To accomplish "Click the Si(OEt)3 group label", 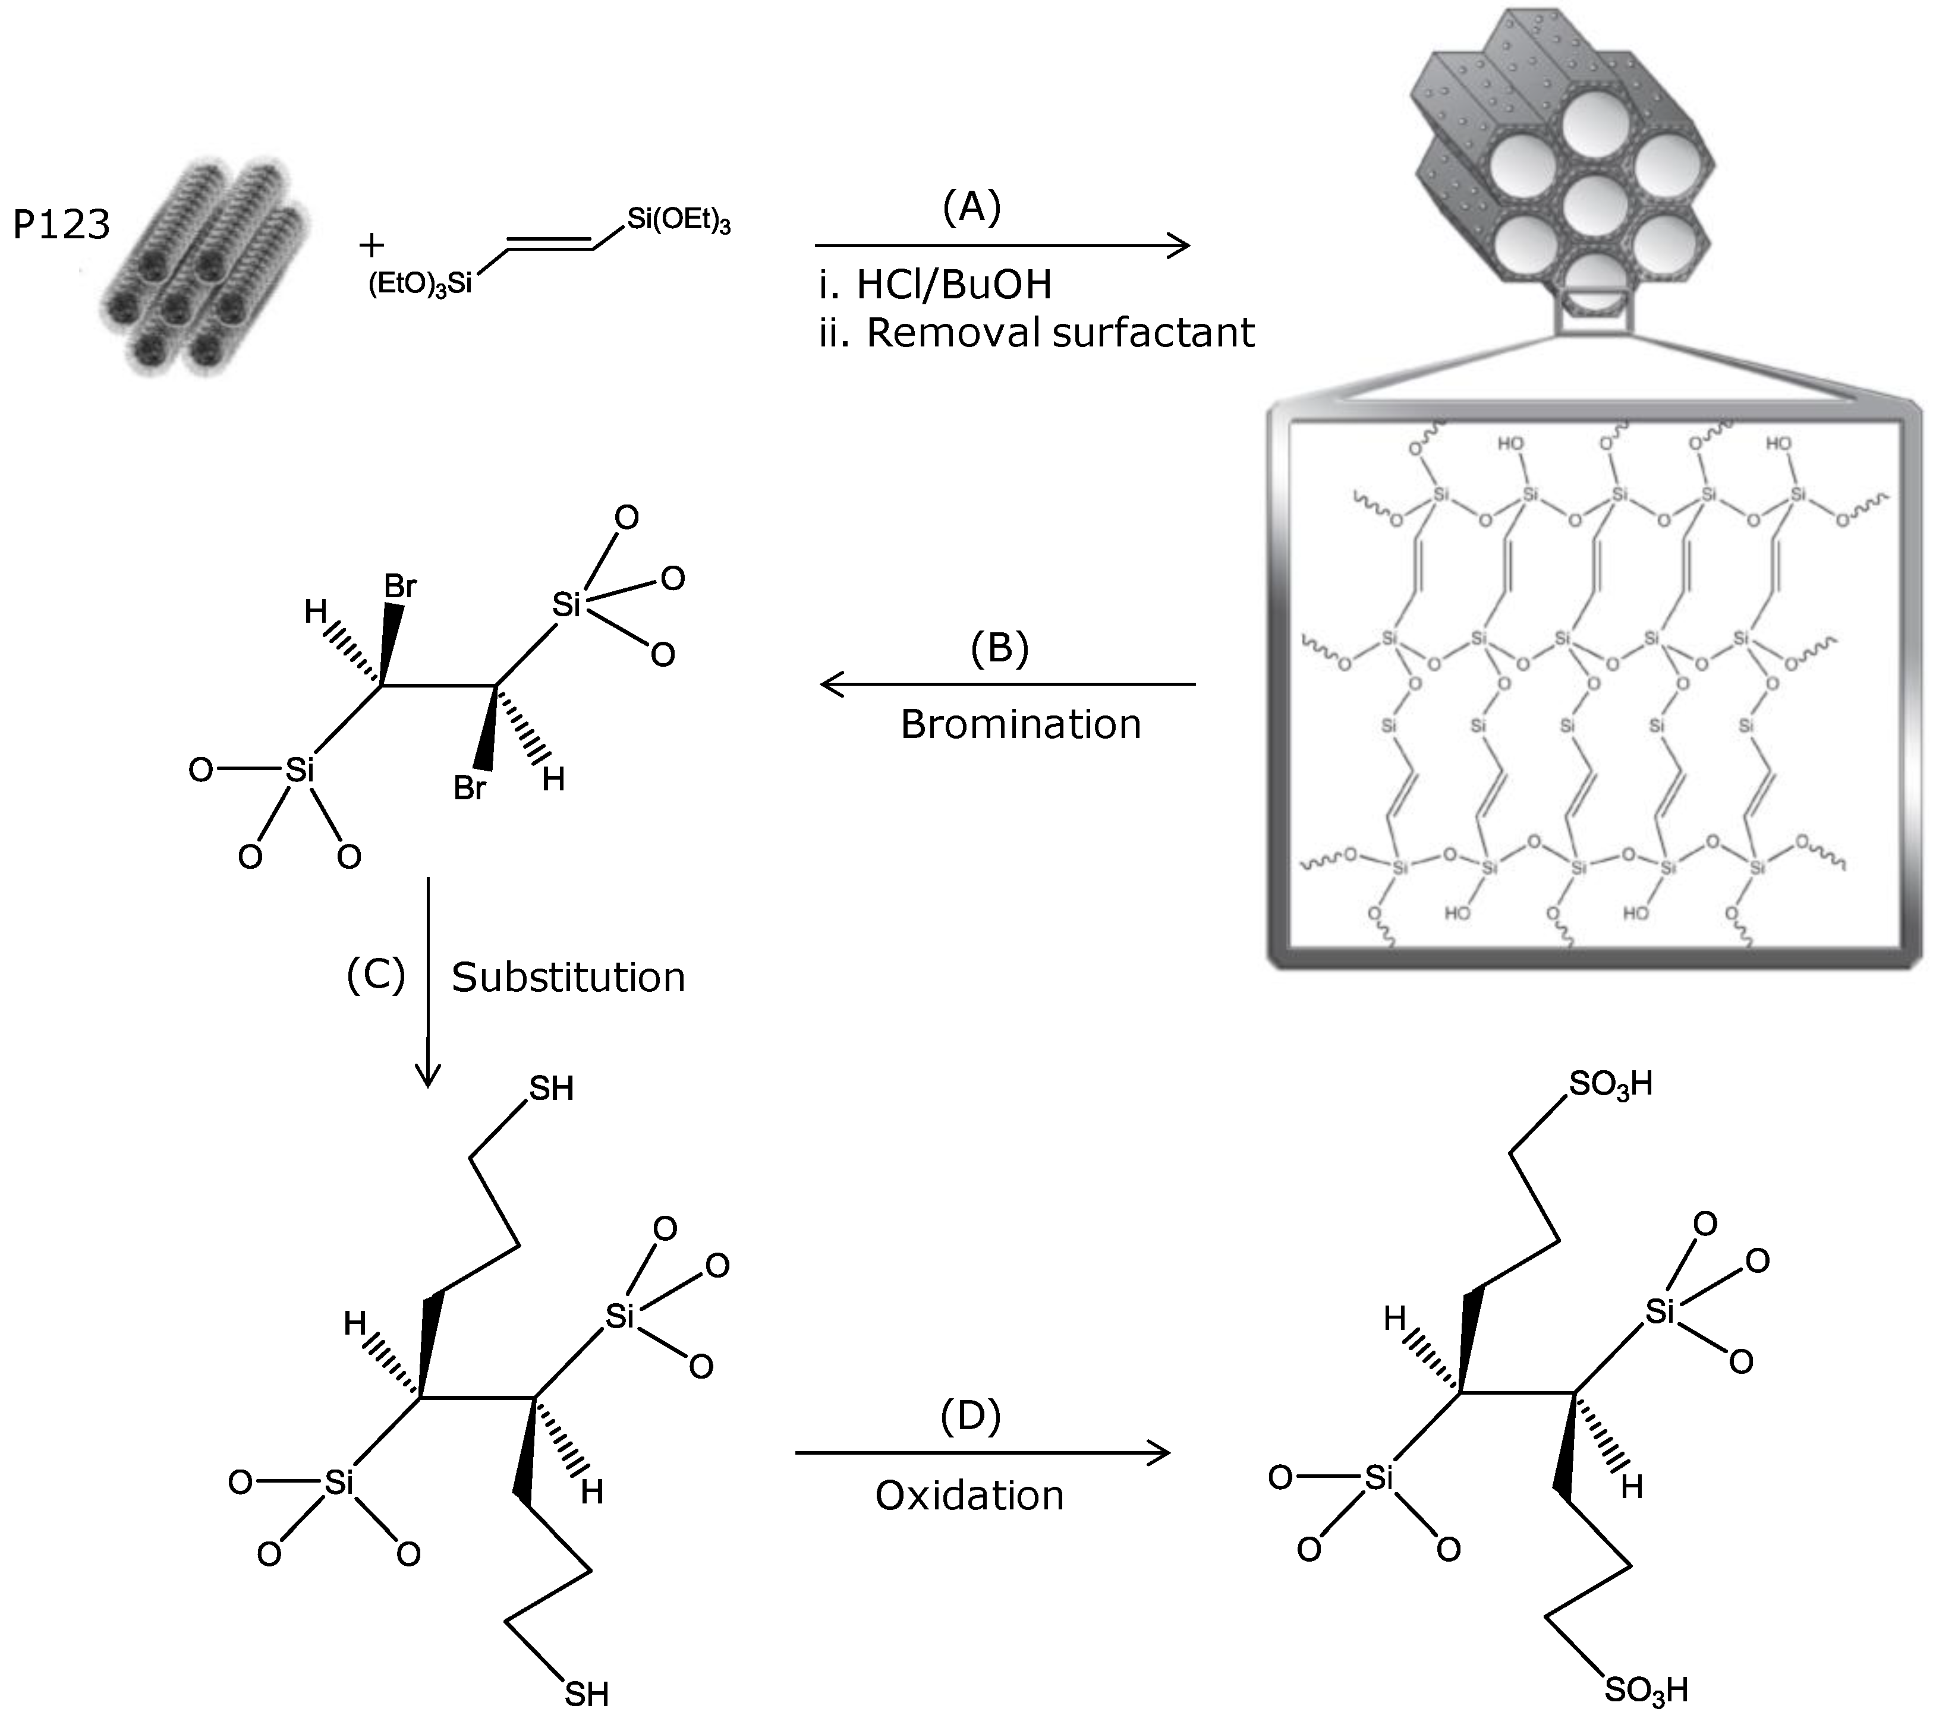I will [678, 220].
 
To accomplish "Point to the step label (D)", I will [970, 1417].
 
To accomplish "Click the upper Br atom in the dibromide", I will [399, 587].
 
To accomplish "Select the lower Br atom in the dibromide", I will [470, 788].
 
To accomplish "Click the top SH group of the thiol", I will [551, 1089].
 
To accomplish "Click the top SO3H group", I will [1610, 1084].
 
